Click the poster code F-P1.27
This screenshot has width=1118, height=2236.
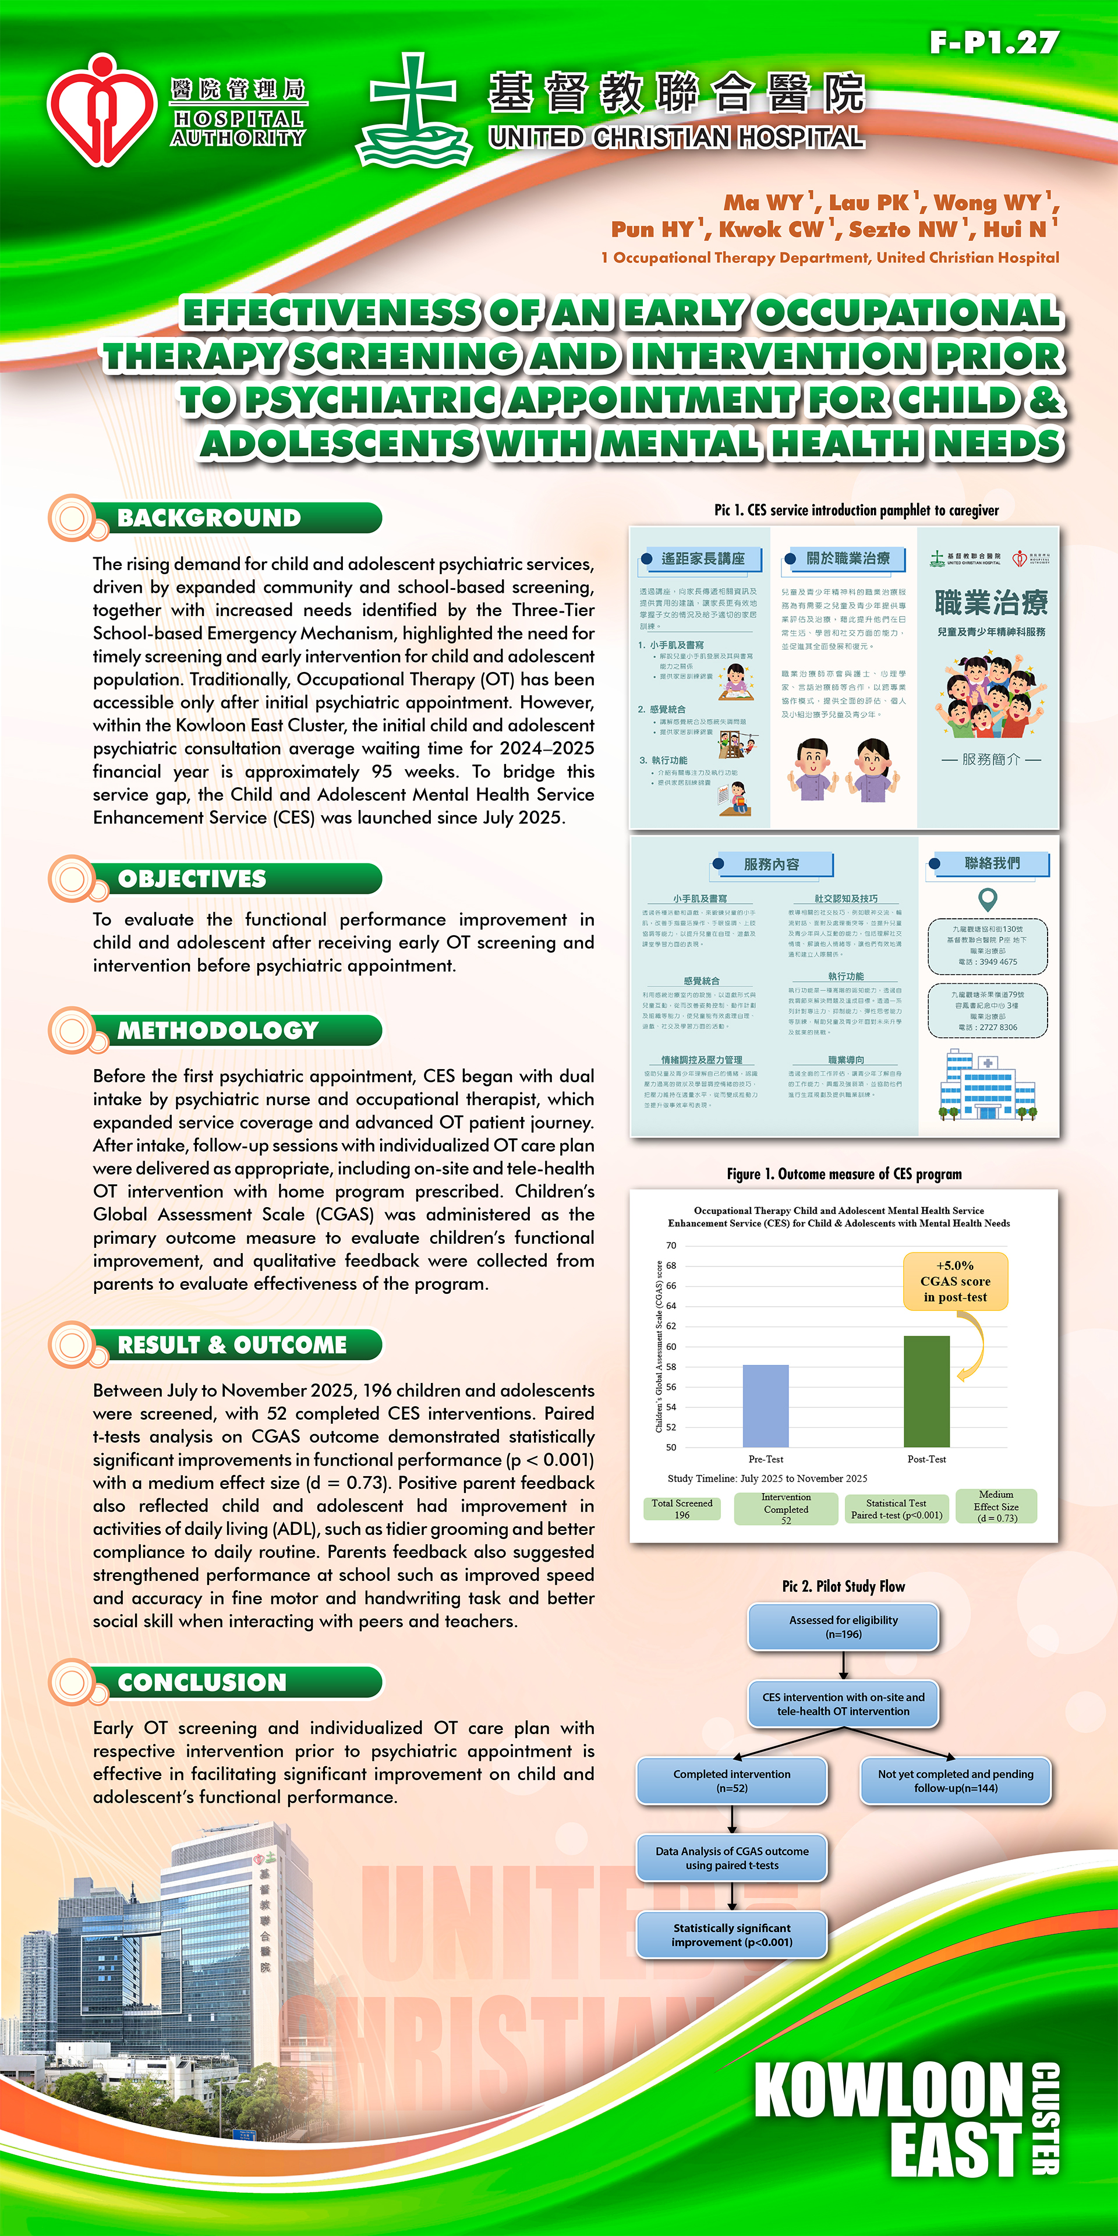[994, 43]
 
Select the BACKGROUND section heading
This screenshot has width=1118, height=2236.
[209, 518]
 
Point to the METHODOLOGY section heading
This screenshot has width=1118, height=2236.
[218, 1030]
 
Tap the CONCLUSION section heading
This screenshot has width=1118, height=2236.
[202, 1682]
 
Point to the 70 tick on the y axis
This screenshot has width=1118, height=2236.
[671, 1246]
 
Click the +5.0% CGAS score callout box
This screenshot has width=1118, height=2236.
[955, 1281]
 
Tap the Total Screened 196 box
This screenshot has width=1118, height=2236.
[682, 1509]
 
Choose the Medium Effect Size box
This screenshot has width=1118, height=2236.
[996, 1506]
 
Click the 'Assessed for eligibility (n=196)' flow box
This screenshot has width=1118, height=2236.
[843, 1627]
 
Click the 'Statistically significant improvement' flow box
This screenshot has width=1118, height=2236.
[732, 1935]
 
